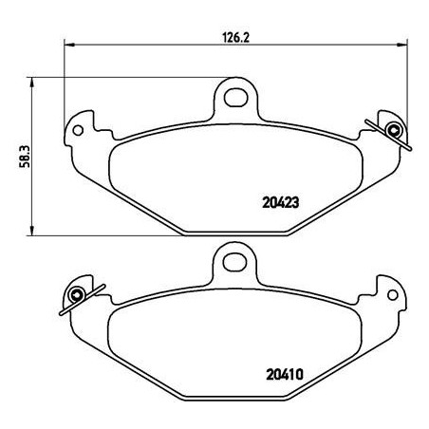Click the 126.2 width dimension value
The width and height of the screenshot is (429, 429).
coord(236,38)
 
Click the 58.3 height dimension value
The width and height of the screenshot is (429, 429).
coord(25,157)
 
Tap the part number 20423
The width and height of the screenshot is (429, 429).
coord(281,203)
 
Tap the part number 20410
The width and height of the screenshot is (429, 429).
coord(285,375)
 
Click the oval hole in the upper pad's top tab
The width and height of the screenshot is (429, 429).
coord(235,98)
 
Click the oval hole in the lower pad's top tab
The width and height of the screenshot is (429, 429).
coord(234,262)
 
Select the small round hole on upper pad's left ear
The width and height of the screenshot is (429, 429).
coord(78,130)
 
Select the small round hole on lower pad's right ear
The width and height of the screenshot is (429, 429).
coord(393,295)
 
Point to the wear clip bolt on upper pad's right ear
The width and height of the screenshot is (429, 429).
coord(394,130)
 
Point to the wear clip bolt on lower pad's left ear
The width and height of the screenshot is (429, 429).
coord(77,295)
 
